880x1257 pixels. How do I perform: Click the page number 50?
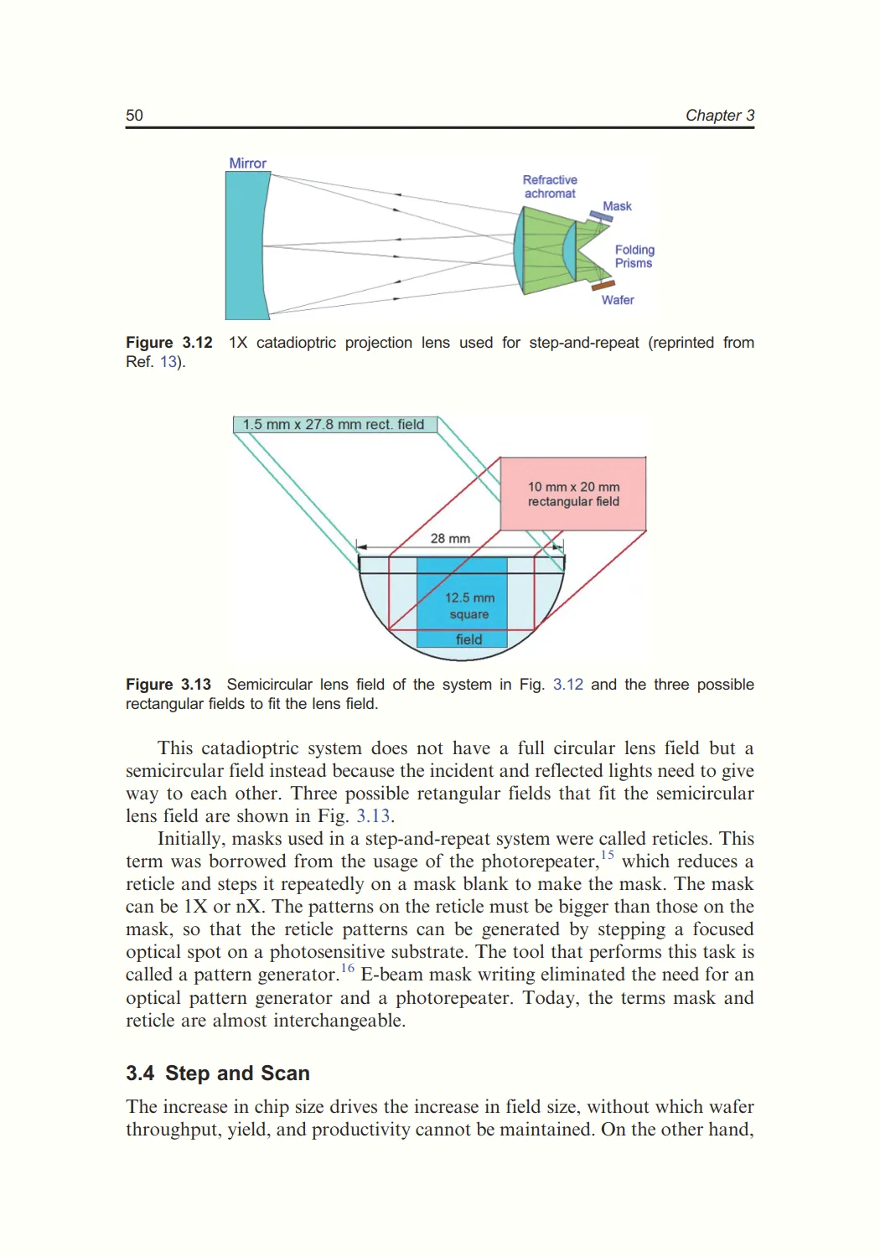pos(134,116)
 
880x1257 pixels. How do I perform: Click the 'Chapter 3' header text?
pos(719,116)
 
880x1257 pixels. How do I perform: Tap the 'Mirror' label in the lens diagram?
pos(247,163)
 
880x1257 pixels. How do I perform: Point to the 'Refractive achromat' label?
pos(550,187)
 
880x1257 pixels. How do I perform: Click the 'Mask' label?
pos(617,206)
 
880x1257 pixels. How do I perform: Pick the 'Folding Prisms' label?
pos(634,256)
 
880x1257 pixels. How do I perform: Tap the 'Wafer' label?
pos(618,300)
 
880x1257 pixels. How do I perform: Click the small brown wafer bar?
pos(603,286)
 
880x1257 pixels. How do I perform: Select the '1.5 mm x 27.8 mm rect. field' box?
pos(334,425)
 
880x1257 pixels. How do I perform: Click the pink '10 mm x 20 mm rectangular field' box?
pos(573,494)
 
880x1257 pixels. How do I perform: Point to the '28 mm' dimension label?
pos(450,539)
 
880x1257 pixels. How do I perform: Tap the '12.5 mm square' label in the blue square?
pos(469,606)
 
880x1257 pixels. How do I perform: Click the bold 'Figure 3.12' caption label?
pos(169,343)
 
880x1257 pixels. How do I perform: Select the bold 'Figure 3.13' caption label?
pos(168,685)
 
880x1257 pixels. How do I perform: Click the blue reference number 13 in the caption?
pos(168,362)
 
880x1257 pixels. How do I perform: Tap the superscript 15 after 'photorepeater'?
pos(608,855)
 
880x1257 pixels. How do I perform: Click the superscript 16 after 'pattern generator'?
pos(347,968)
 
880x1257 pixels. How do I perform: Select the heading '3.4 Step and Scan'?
pos(218,1073)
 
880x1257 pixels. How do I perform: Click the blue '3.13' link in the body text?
pos(373,816)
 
